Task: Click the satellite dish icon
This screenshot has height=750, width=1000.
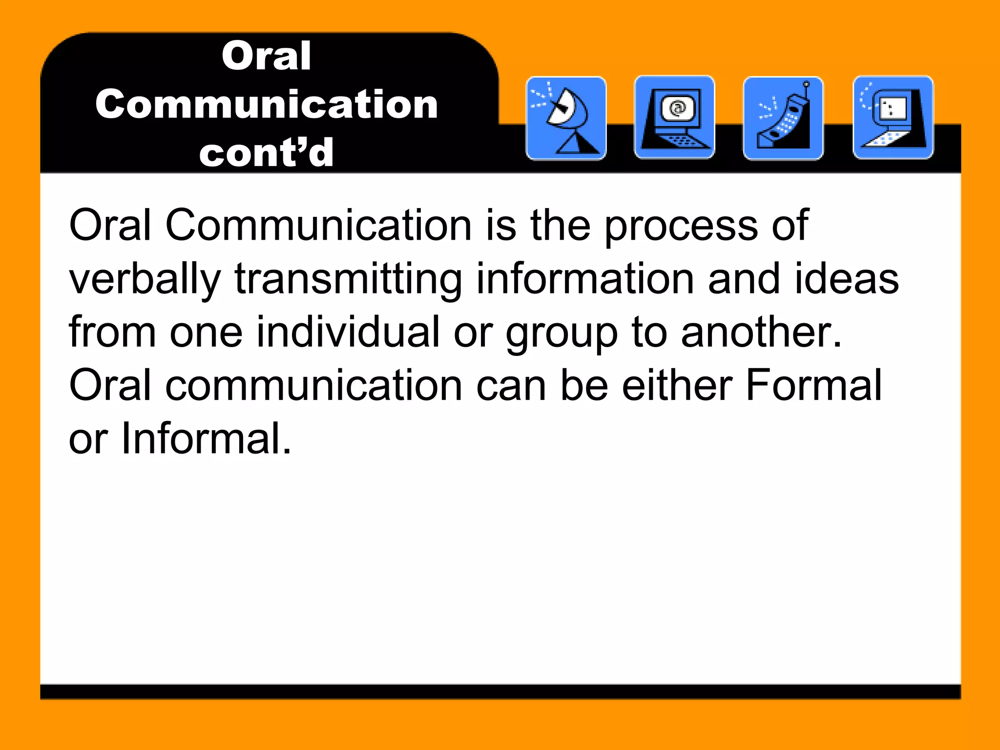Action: click(x=566, y=118)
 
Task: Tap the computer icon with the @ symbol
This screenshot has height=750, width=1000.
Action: click(x=674, y=118)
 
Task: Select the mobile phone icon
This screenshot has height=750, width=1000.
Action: click(x=783, y=118)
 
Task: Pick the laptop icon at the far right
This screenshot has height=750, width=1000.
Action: click(x=893, y=118)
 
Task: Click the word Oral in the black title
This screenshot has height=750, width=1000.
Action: click(x=266, y=56)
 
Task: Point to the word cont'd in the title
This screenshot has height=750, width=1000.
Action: click(x=266, y=152)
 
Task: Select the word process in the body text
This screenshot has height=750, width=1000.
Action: click(x=681, y=226)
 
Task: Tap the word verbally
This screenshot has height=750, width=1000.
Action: click(x=145, y=279)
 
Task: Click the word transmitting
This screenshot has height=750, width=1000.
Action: click(x=348, y=279)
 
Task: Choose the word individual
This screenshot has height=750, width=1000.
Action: click(x=348, y=332)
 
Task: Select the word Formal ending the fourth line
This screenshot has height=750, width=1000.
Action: click(x=814, y=385)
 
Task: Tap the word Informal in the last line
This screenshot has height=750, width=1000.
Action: click(x=206, y=438)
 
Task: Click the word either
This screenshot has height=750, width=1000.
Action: click(x=677, y=385)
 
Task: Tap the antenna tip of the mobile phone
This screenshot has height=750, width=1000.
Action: click(x=806, y=84)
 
